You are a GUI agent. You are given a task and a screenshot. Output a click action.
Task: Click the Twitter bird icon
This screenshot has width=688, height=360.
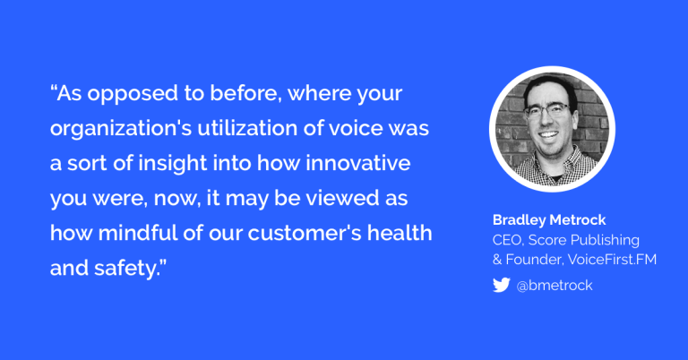click(501, 285)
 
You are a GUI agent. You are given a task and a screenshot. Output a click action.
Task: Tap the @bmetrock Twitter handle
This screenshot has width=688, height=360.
click(555, 286)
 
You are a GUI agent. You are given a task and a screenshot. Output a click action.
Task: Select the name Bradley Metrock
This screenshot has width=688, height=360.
click(549, 219)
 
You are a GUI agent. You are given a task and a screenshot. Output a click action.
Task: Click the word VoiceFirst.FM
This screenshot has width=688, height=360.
click(612, 259)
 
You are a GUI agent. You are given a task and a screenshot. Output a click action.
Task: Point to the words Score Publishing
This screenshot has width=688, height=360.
click(583, 240)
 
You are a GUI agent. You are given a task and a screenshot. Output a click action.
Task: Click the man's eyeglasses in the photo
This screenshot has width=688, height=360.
click(548, 111)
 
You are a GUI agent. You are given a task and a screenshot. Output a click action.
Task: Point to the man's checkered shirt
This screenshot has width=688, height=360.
click(554, 169)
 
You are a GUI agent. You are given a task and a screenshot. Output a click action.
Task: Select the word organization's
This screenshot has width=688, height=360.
click(121, 129)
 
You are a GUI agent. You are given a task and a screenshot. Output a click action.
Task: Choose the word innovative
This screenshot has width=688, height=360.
click(358, 163)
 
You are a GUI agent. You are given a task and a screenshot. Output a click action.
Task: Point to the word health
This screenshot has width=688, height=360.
click(400, 233)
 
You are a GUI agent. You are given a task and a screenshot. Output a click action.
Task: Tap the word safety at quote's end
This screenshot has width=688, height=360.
click(125, 269)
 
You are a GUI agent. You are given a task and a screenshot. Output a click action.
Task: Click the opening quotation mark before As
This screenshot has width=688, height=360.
click(54, 88)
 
